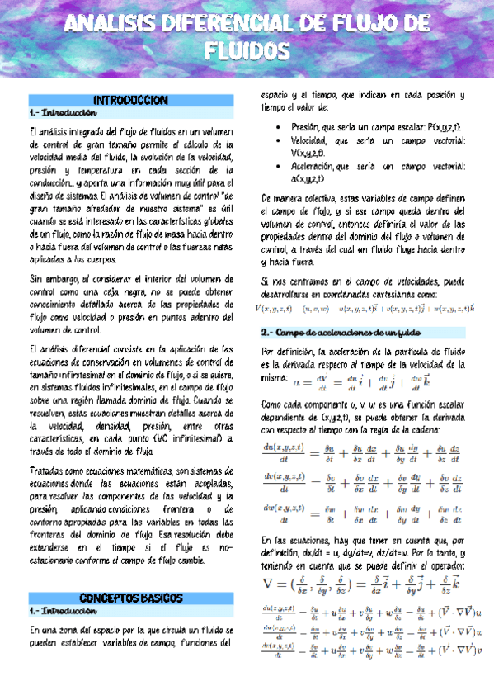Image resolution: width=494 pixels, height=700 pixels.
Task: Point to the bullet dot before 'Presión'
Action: tap(273, 127)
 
